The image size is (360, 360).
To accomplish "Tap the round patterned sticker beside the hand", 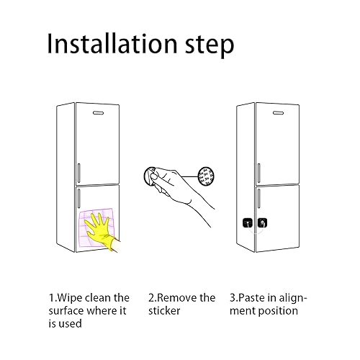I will tap(207, 175).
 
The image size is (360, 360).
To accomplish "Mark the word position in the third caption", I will tap(282, 310).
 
